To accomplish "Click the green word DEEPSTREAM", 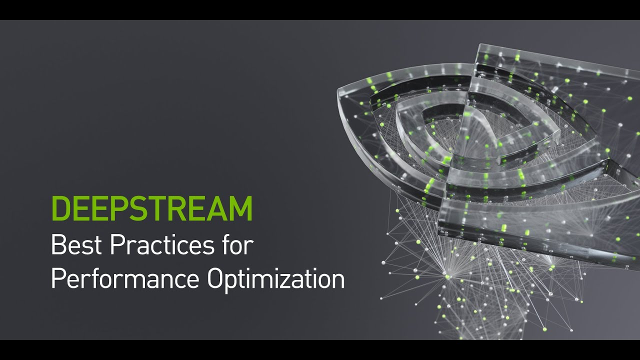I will click(x=151, y=209).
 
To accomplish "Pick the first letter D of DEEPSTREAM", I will click(x=60, y=209).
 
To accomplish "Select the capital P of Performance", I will click(x=57, y=279).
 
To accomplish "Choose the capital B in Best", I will click(x=57, y=245).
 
